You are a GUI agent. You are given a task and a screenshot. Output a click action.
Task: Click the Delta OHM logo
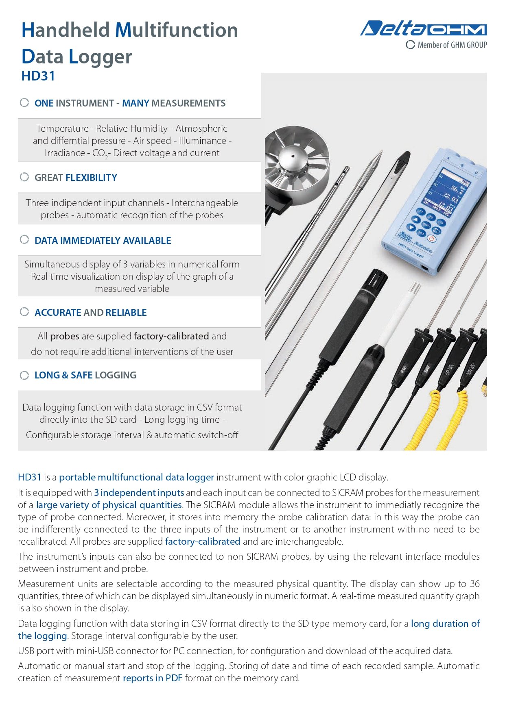pyautogui.click(x=423, y=29)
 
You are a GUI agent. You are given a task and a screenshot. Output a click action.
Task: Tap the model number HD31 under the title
pyautogui.click(x=38, y=76)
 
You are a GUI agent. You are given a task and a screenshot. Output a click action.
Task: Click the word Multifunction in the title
pyautogui.click(x=176, y=30)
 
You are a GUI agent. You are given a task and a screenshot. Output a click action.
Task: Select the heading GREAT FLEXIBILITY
pyautogui.click(x=76, y=178)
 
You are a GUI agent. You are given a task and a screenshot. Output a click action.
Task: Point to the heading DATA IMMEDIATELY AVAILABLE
pyautogui.click(x=103, y=241)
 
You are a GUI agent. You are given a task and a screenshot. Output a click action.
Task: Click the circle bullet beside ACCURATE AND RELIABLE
pyautogui.click(x=24, y=312)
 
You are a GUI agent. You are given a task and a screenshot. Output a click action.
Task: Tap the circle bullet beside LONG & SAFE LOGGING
pyautogui.click(x=24, y=375)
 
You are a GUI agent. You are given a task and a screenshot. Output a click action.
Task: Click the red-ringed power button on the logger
pyautogui.click(x=431, y=239)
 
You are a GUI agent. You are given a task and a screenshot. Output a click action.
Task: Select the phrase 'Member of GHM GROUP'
pyautogui.click(x=452, y=45)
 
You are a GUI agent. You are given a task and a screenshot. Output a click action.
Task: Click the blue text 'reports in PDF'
pyautogui.click(x=153, y=678)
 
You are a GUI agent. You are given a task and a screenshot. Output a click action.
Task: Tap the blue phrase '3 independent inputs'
pyautogui.click(x=139, y=493)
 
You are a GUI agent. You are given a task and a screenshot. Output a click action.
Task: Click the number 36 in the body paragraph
pyautogui.click(x=474, y=584)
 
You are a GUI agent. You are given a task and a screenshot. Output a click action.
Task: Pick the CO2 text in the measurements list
pyautogui.click(x=100, y=153)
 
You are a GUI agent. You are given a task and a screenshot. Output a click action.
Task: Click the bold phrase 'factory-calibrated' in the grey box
pyautogui.click(x=171, y=336)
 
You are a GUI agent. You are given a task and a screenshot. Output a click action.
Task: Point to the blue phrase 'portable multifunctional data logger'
pyautogui.click(x=136, y=477)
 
